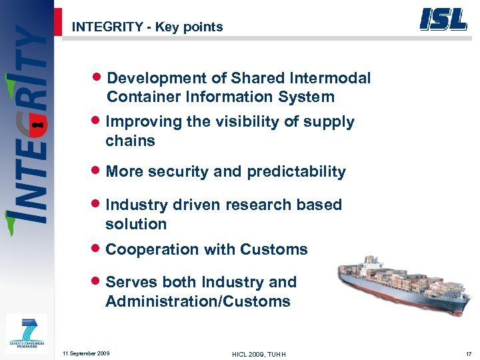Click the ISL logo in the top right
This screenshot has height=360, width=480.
(x=443, y=19)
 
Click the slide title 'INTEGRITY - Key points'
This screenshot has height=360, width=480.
(x=147, y=27)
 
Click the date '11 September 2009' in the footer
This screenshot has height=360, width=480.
(x=86, y=353)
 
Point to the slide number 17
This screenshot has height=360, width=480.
(x=469, y=353)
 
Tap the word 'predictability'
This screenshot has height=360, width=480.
(x=296, y=172)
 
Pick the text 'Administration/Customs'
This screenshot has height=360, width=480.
(x=198, y=301)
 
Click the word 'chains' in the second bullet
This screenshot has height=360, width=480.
(x=130, y=141)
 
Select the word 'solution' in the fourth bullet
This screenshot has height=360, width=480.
(x=136, y=224)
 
